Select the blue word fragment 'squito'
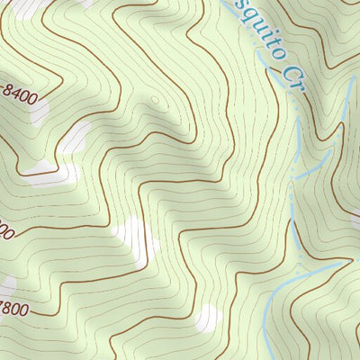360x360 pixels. pyautogui.click(x=247, y=27)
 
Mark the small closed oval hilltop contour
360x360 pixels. pyautogui.click(x=155, y=101)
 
